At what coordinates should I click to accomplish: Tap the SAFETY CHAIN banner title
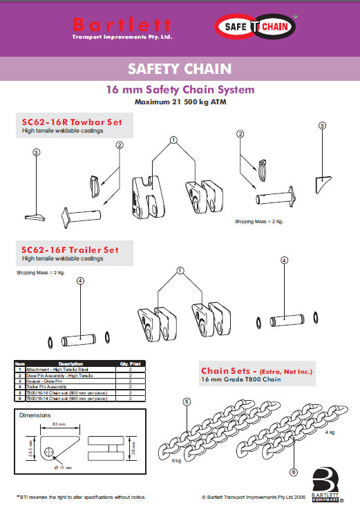tap(179, 69)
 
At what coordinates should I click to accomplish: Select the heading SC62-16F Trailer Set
tap(70, 249)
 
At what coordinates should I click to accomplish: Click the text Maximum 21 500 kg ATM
tap(180, 102)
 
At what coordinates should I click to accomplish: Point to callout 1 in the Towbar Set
tap(173, 139)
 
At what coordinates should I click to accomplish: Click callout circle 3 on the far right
tap(321, 126)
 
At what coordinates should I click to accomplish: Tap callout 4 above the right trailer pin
tap(284, 260)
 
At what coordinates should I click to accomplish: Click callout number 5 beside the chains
tap(187, 401)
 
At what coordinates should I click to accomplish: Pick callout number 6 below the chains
tap(294, 471)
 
